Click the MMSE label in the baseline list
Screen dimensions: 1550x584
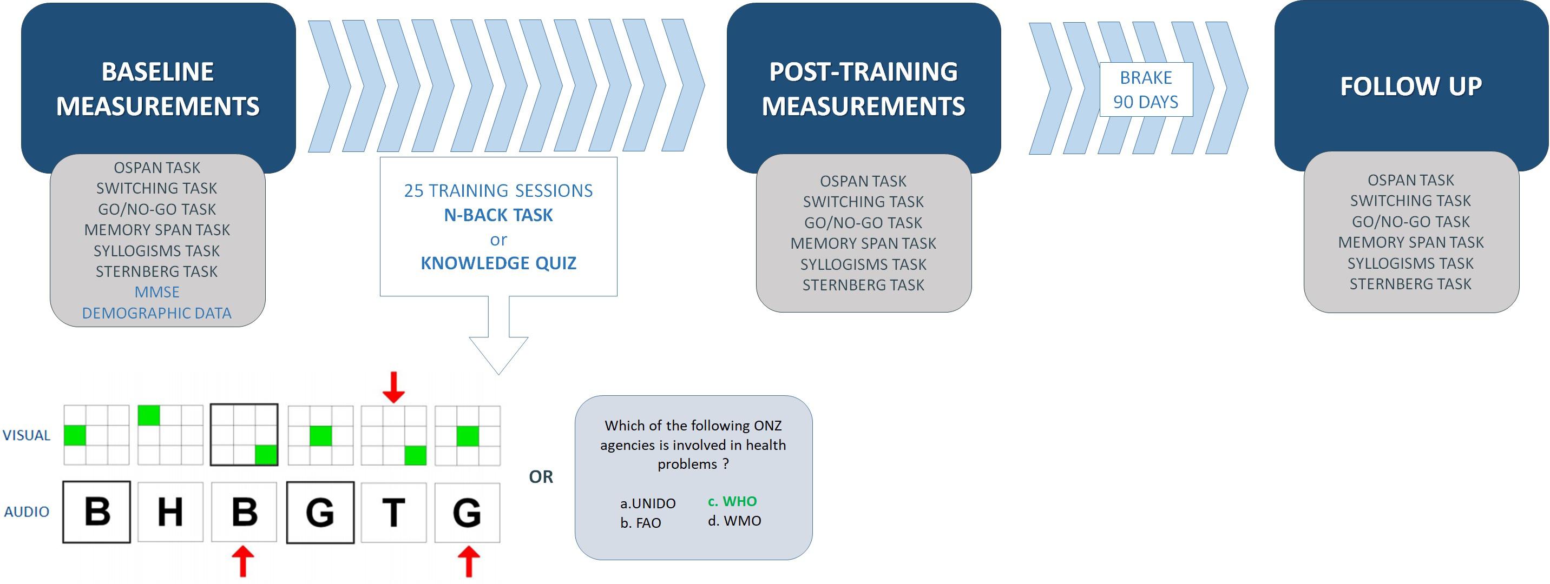pyautogui.click(x=157, y=293)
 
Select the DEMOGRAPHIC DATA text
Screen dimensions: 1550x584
pyautogui.click(x=157, y=313)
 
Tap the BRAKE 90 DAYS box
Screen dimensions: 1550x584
pyautogui.click(x=1146, y=90)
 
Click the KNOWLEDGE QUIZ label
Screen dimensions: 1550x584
pyautogui.click(x=498, y=263)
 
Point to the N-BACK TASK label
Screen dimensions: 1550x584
pyautogui.click(x=498, y=215)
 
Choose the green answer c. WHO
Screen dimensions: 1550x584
pyautogui.click(x=732, y=501)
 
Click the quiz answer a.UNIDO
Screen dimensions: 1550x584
pyautogui.click(x=648, y=503)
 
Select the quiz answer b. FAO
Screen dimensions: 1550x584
pyautogui.click(x=641, y=523)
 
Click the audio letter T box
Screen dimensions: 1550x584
pyautogui.click(x=393, y=513)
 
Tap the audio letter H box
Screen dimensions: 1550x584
pyautogui.click(x=170, y=513)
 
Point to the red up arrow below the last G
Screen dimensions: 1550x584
pyautogui.click(x=469, y=562)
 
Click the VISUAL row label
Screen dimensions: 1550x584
pyautogui.click(x=27, y=435)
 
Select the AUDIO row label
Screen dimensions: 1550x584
pyautogui.click(x=27, y=512)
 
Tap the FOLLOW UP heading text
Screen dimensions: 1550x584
pyautogui.click(x=1411, y=87)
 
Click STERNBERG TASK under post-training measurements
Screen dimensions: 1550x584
pyautogui.click(x=863, y=285)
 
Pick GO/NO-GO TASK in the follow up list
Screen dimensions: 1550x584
pyautogui.click(x=1411, y=222)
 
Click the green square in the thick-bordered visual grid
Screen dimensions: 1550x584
pyautogui.click(x=266, y=455)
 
